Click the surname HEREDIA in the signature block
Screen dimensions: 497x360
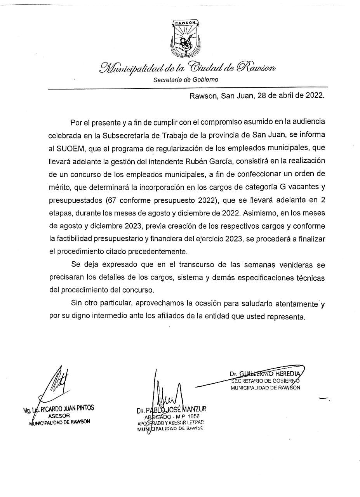pos(288,374)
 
